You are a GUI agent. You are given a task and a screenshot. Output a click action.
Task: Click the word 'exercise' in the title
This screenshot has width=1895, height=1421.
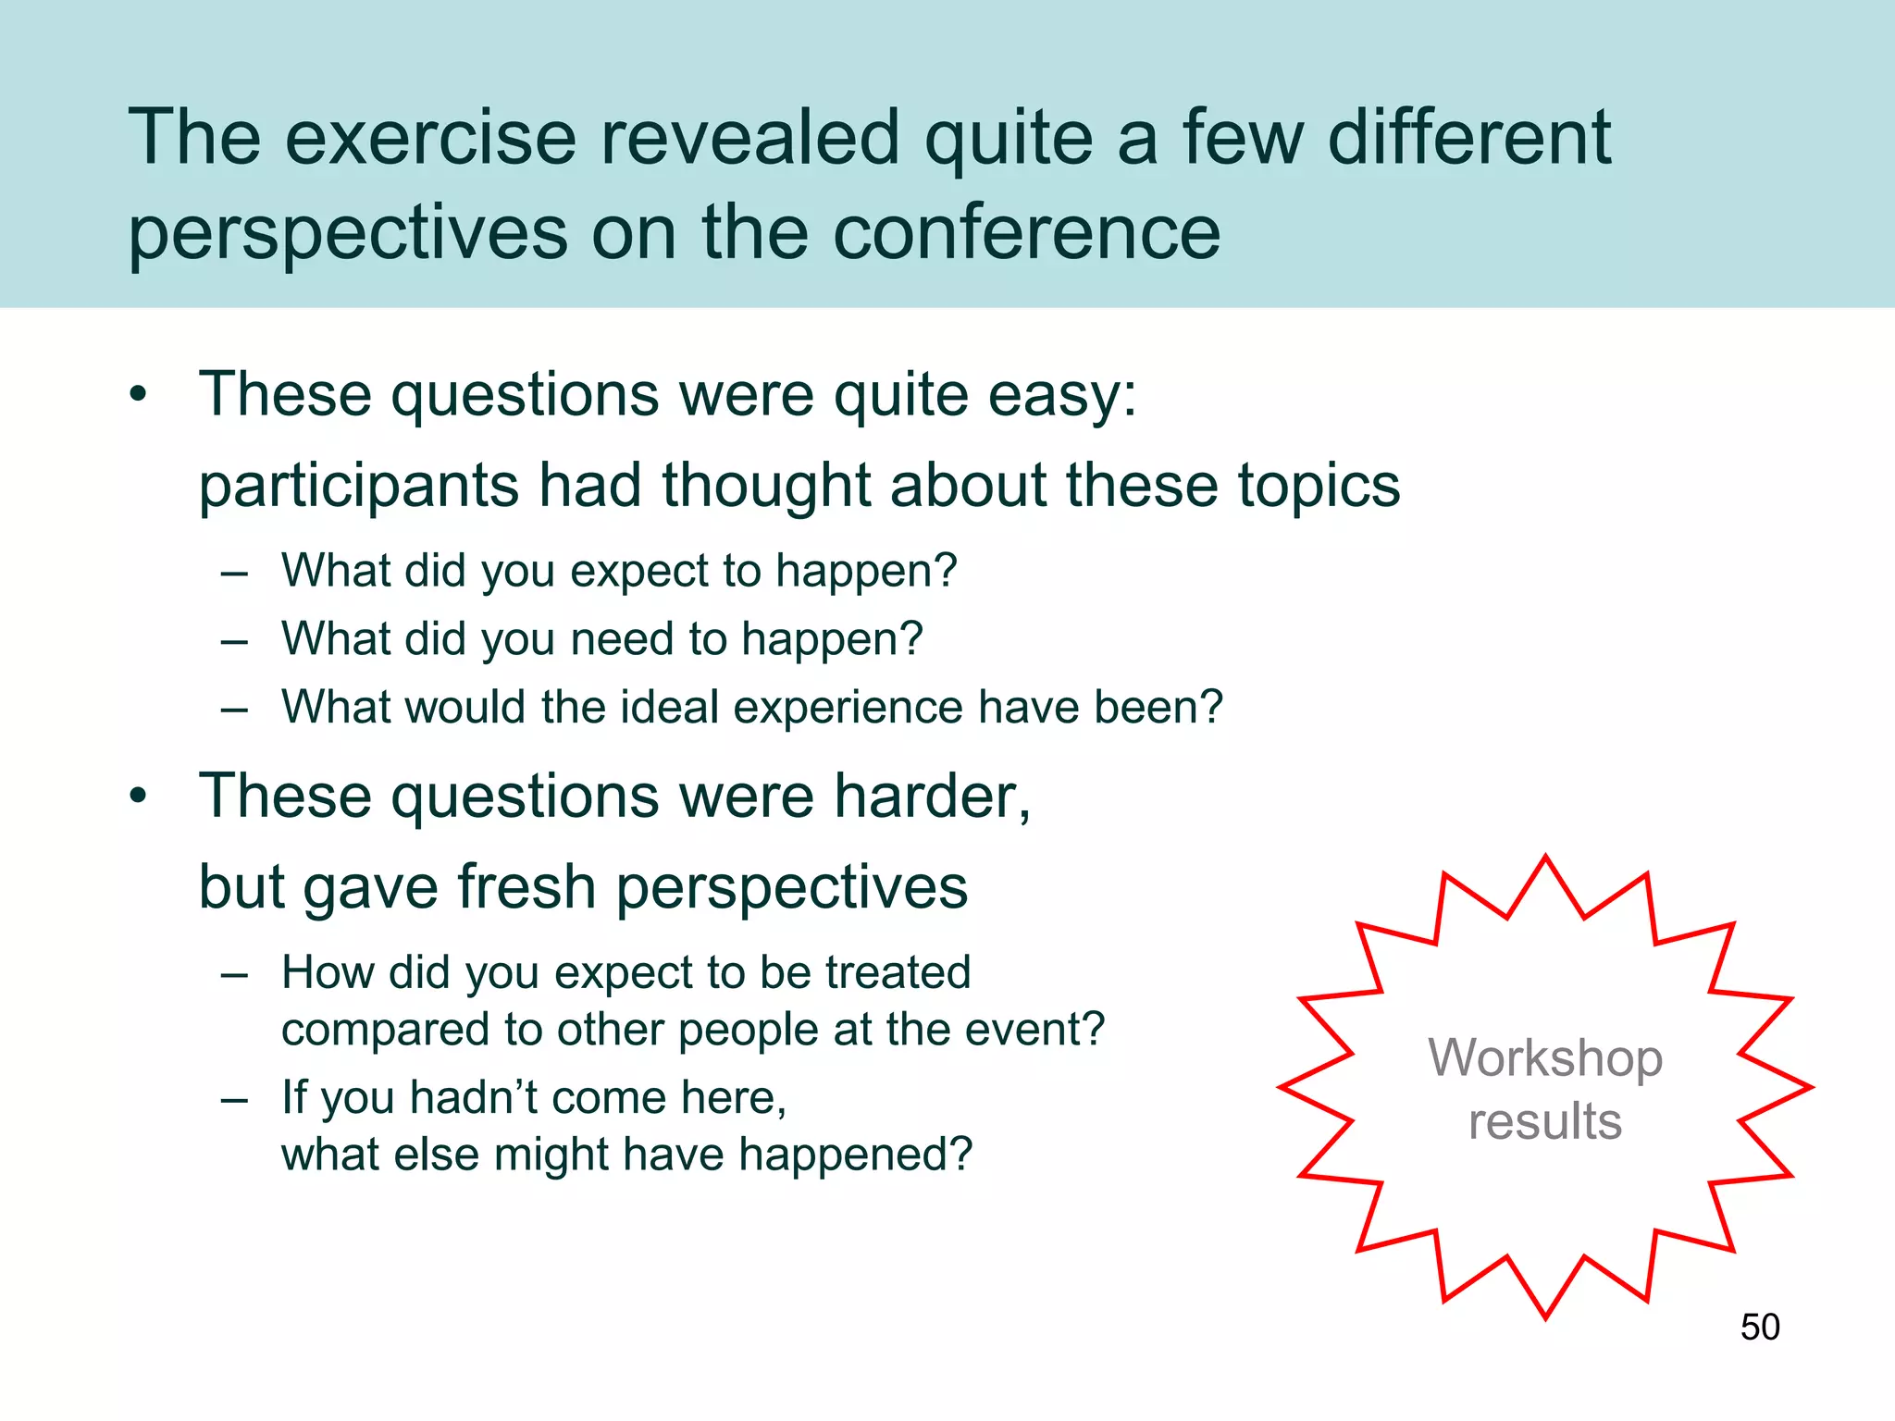pyautogui.click(x=430, y=139)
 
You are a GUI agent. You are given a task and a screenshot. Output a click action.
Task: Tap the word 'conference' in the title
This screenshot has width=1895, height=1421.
pyautogui.click(x=1026, y=233)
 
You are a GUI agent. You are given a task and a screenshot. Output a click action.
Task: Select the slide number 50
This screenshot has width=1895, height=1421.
pyautogui.click(x=1759, y=1327)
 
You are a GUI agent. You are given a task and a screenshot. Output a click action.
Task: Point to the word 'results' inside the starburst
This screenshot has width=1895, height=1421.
pyautogui.click(x=1544, y=1121)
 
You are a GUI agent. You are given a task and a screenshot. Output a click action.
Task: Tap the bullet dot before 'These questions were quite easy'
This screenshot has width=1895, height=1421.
pyautogui.click(x=139, y=395)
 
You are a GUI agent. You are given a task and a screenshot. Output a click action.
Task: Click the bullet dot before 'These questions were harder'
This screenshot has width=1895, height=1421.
pyautogui.click(x=139, y=797)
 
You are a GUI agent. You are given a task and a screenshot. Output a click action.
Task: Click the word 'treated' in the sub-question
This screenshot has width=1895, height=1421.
pyautogui.click(x=898, y=972)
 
